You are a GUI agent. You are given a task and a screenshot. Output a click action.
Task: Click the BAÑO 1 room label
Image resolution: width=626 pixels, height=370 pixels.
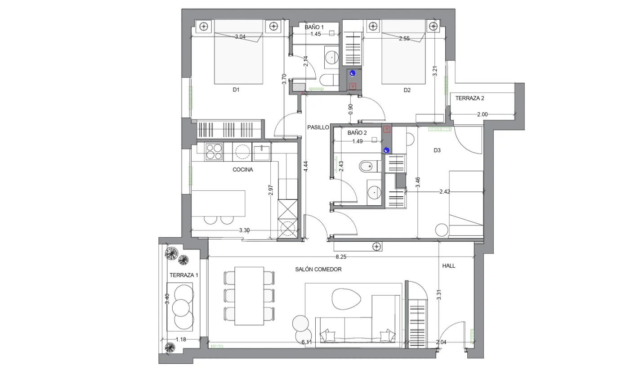[x=314, y=27]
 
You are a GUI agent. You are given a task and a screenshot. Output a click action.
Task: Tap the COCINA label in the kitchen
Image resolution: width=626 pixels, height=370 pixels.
[x=242, y=170]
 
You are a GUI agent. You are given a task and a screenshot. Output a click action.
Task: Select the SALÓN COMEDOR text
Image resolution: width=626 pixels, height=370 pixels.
[x=318, y=269]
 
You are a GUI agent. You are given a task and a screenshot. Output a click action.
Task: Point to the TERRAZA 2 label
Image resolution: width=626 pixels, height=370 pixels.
[x=470, y=98]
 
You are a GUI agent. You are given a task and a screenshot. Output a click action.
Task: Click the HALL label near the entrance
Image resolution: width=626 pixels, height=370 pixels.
[x=448, y=266]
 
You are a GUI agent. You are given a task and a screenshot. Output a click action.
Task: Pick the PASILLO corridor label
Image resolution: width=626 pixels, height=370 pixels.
[x=318, y=127]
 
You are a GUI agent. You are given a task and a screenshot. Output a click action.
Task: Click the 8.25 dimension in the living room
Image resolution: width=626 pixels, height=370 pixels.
[x=341, y=257]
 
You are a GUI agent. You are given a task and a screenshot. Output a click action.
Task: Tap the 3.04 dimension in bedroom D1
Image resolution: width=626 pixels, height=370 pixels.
[x=240, y=36]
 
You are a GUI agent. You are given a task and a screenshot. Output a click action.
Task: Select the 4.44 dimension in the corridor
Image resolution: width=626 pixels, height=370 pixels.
[x=306, y=167]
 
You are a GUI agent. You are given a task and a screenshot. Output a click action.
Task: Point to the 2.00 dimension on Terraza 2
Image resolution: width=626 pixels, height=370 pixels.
[x=483, y=114]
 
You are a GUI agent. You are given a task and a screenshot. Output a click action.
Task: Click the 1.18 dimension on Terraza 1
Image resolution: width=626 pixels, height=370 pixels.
[x=181, y=339]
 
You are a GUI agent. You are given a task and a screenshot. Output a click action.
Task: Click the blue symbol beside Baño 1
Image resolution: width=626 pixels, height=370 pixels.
[x=353, y=73]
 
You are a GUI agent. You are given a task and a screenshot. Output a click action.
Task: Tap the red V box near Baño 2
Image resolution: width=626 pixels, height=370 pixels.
[x=387, y=129]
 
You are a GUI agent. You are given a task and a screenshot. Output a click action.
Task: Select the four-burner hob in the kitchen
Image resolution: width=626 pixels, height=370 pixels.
[x=214, y=152]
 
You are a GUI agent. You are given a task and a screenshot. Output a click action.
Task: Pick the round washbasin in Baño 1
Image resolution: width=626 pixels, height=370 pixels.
[x=332, y=57]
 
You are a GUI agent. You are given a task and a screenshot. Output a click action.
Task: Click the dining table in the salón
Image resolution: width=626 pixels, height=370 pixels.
[x=249, y=296]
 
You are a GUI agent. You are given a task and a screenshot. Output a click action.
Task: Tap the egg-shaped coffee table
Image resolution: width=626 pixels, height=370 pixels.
[x=346, y=299]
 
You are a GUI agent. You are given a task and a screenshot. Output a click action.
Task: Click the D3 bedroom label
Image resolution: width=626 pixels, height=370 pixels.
[x=437, y=150]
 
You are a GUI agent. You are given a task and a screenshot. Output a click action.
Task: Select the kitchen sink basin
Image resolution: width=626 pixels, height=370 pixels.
[x=262, y=153]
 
